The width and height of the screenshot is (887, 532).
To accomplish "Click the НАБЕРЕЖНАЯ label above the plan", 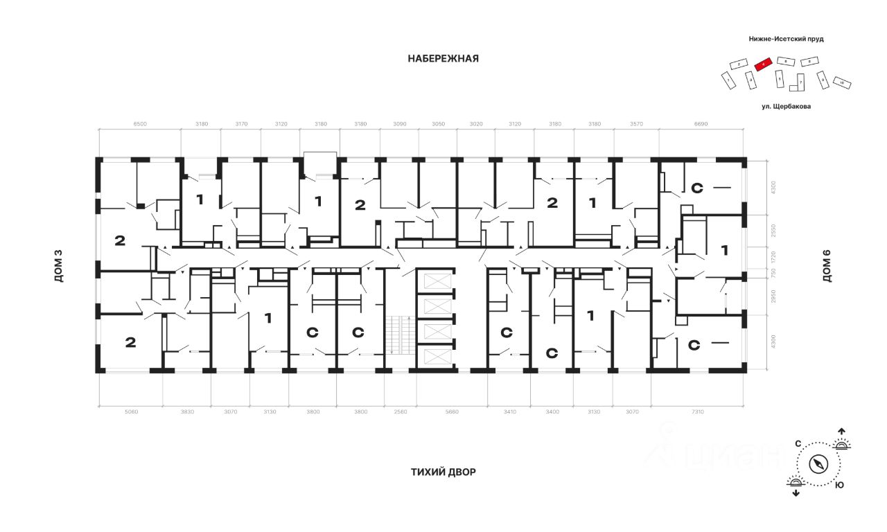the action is coord(443,59).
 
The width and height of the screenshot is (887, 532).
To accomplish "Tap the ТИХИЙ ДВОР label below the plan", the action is coord(443,472).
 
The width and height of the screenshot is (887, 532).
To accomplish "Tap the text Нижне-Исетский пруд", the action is coord(786,39).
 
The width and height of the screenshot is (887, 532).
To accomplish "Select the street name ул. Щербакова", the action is coord(786,107).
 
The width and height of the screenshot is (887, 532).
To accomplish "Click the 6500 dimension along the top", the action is coord(139,124).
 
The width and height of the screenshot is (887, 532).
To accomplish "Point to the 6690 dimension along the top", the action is coord(701,124).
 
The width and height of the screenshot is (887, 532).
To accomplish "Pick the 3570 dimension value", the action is coord(635,124).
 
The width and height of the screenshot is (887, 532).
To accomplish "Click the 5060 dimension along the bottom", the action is coord(131,412).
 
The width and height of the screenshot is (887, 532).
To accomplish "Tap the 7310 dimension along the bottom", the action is coord(697,412).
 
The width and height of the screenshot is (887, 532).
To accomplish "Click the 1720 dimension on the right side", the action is coord(774,257).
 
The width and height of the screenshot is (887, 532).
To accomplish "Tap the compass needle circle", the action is coord(819,464).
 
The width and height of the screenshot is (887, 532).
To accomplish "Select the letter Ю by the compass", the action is coord(839,486).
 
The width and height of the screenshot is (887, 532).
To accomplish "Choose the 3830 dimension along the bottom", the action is coord(187,412).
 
